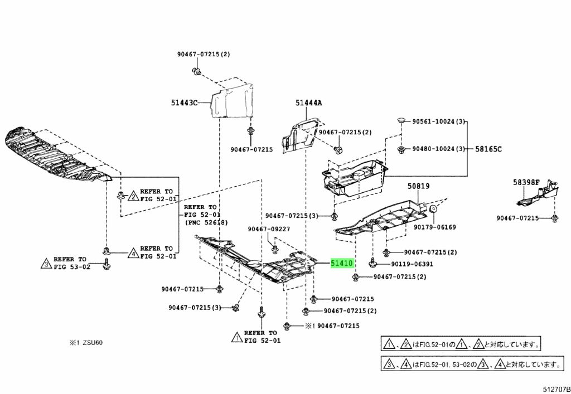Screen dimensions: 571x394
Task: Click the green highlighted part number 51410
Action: pos(342,263)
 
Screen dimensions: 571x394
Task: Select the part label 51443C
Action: pos(184,103)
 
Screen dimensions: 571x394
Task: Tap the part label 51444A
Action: pos(308,103)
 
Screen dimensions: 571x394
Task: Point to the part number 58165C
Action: pos(488,149)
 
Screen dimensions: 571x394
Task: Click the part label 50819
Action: pos(418,186)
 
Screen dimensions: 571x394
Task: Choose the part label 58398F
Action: pos(526,182)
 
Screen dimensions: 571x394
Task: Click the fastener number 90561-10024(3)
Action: pos(439,121)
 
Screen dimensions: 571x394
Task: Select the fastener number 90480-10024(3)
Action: pos(439,149)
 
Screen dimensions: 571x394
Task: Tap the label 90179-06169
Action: pos(434,227)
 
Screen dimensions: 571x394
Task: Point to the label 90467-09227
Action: pos(269,229)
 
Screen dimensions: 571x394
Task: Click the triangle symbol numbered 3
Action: pos(46,263)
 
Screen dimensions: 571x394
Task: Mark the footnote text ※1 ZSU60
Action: pos(86,343)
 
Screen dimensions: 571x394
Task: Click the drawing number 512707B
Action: pos(557,390)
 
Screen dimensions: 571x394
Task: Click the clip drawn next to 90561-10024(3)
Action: pos(401,120)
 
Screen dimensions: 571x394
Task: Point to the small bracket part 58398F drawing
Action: pos(538,196)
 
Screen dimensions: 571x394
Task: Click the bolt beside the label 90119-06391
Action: pos(372,263)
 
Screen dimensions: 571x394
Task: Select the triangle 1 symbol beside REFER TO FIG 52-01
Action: pos(236,337)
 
